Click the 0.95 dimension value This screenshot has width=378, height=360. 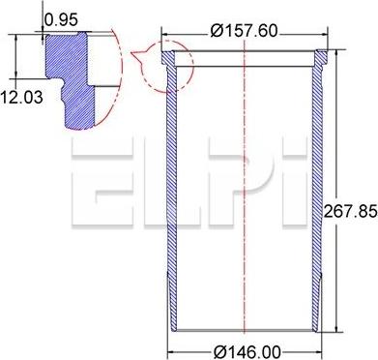click(60, 17)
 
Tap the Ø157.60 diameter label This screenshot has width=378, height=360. click(245, 31)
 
